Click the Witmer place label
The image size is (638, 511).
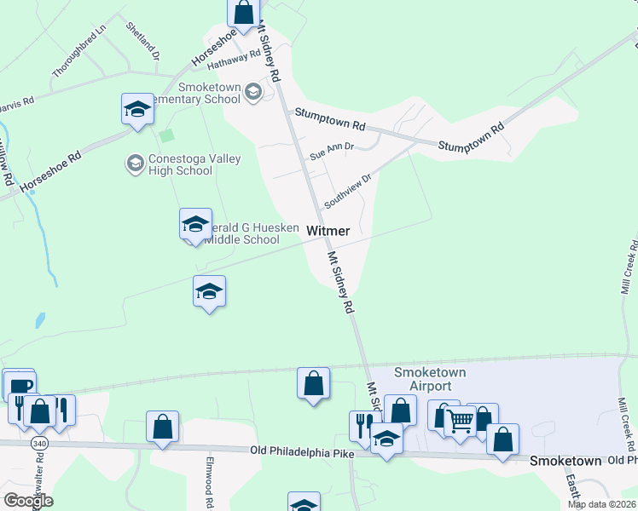pos(328,231)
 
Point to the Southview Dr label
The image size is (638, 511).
pos(349,192)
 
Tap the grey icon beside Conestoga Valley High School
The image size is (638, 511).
pos(135,163)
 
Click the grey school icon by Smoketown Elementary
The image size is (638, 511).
pos(253,91)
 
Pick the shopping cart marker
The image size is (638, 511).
pos(461,420)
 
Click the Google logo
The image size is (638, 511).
pos(28,501)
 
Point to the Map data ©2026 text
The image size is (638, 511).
pos(601,504)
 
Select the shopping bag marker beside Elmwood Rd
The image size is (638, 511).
pos(162,426)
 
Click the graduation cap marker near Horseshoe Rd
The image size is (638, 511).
pos(137,108)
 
